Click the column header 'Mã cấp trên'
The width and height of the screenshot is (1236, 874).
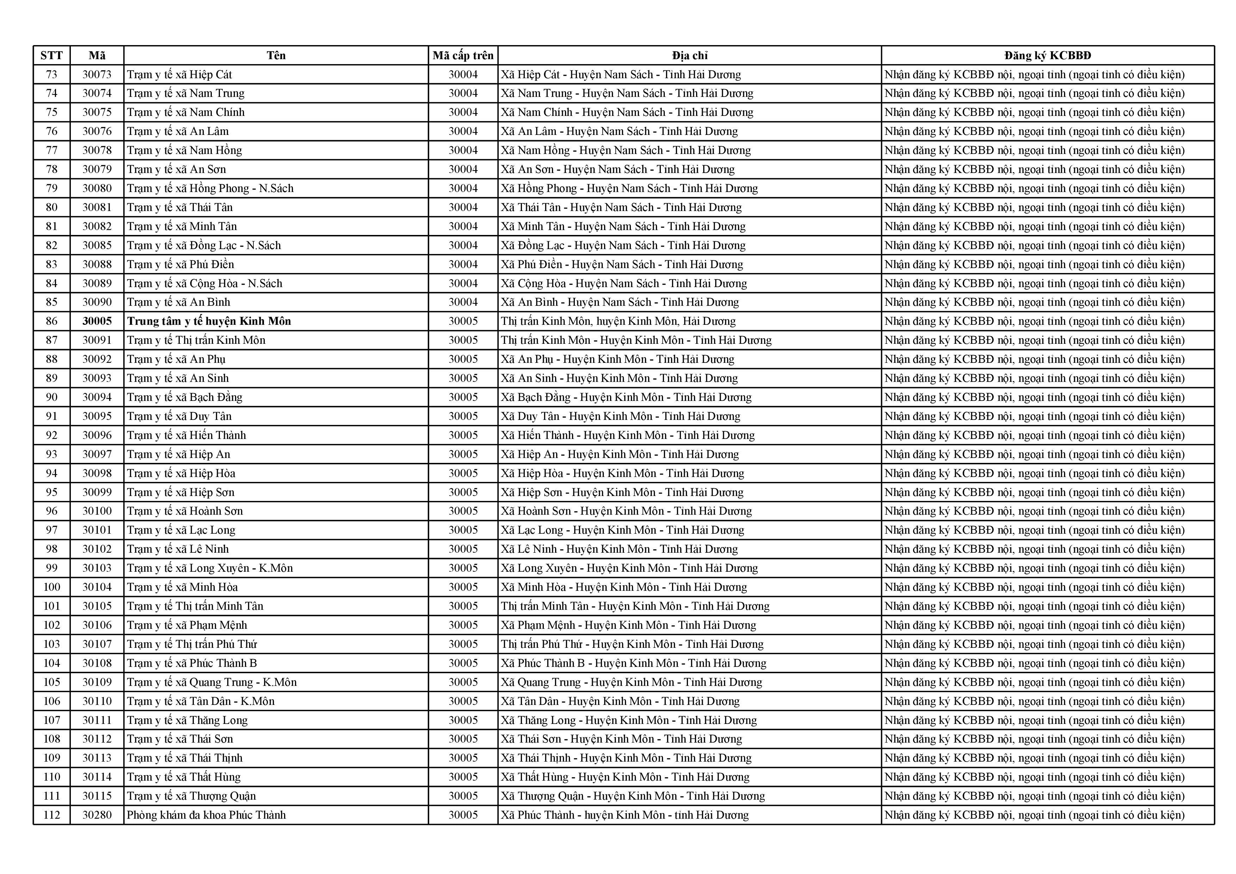(463, 55)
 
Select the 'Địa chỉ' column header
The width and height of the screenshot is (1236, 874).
(690, 55)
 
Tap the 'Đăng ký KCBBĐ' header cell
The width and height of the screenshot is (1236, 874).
(1047, 55)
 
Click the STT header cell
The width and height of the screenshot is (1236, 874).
(52, 55)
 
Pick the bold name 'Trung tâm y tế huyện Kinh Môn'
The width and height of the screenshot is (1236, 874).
(209, 321)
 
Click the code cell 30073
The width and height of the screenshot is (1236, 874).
(97, 74)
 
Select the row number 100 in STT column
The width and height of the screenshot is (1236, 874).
(52, 587)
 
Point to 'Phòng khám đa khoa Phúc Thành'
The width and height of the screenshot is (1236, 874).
(206, 815)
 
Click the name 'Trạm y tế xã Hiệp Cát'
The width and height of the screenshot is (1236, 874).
(179, 74)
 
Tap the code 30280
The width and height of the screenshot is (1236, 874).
(97, 815)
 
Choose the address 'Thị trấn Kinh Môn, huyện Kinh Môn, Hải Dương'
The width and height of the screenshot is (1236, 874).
(618, 321)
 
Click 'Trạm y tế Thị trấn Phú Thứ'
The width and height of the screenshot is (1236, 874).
(192, 644)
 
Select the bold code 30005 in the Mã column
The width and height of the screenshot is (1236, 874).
(97, 321)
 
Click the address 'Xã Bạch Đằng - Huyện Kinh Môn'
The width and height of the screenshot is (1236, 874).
(626, 397)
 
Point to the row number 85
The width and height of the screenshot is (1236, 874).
(52, 303)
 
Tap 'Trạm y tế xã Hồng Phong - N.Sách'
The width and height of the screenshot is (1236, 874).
(210, 188)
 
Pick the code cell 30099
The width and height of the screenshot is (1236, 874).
(97, 492)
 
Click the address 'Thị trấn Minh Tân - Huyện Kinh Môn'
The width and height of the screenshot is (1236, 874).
(635, 606)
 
